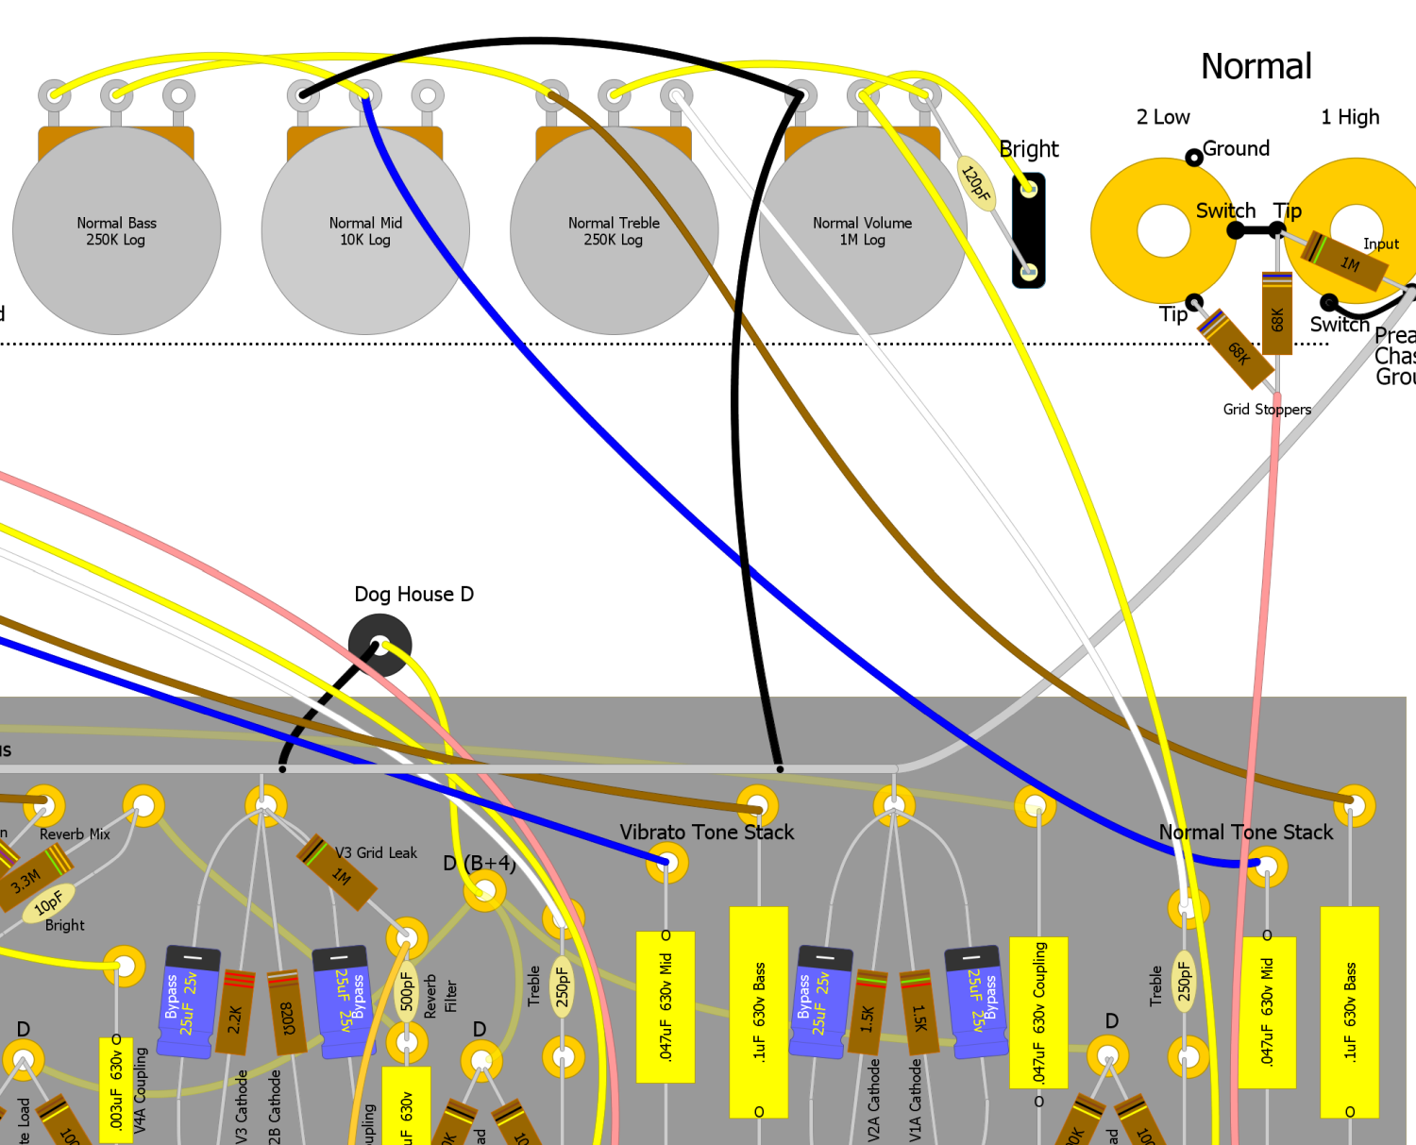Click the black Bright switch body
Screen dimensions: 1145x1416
point(1029,230)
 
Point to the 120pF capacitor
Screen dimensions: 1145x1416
point(975,182)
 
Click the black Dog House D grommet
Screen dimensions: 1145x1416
point(379,645)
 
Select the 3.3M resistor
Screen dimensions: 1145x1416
point(28,880)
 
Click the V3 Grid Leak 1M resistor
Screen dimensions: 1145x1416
point(338,874)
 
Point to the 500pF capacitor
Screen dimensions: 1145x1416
point(407,991)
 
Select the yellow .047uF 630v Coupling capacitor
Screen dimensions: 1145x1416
point(1038,1012)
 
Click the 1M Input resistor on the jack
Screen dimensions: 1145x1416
point(1346,261)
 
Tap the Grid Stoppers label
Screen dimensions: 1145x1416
point(1267,410)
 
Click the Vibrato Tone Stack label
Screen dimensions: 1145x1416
point(706,833)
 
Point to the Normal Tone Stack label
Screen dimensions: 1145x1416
point(1245,833)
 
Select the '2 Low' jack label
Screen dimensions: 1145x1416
point(1163,117)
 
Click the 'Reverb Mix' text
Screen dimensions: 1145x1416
point(75,834)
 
